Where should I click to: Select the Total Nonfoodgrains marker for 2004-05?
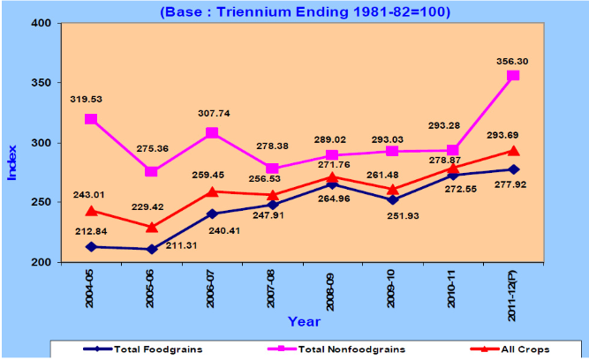click(x=90, y=119)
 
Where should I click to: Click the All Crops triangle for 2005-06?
click(x=152, y=227)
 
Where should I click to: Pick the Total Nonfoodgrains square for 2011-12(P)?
click(x=513, y=76)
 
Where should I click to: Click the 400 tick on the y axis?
click(x=40, y=22)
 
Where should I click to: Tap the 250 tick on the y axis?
click(x=40, y=203)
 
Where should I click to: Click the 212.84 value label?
click(x=92, y=233)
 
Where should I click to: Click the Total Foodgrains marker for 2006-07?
click(x=212, y=214)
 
